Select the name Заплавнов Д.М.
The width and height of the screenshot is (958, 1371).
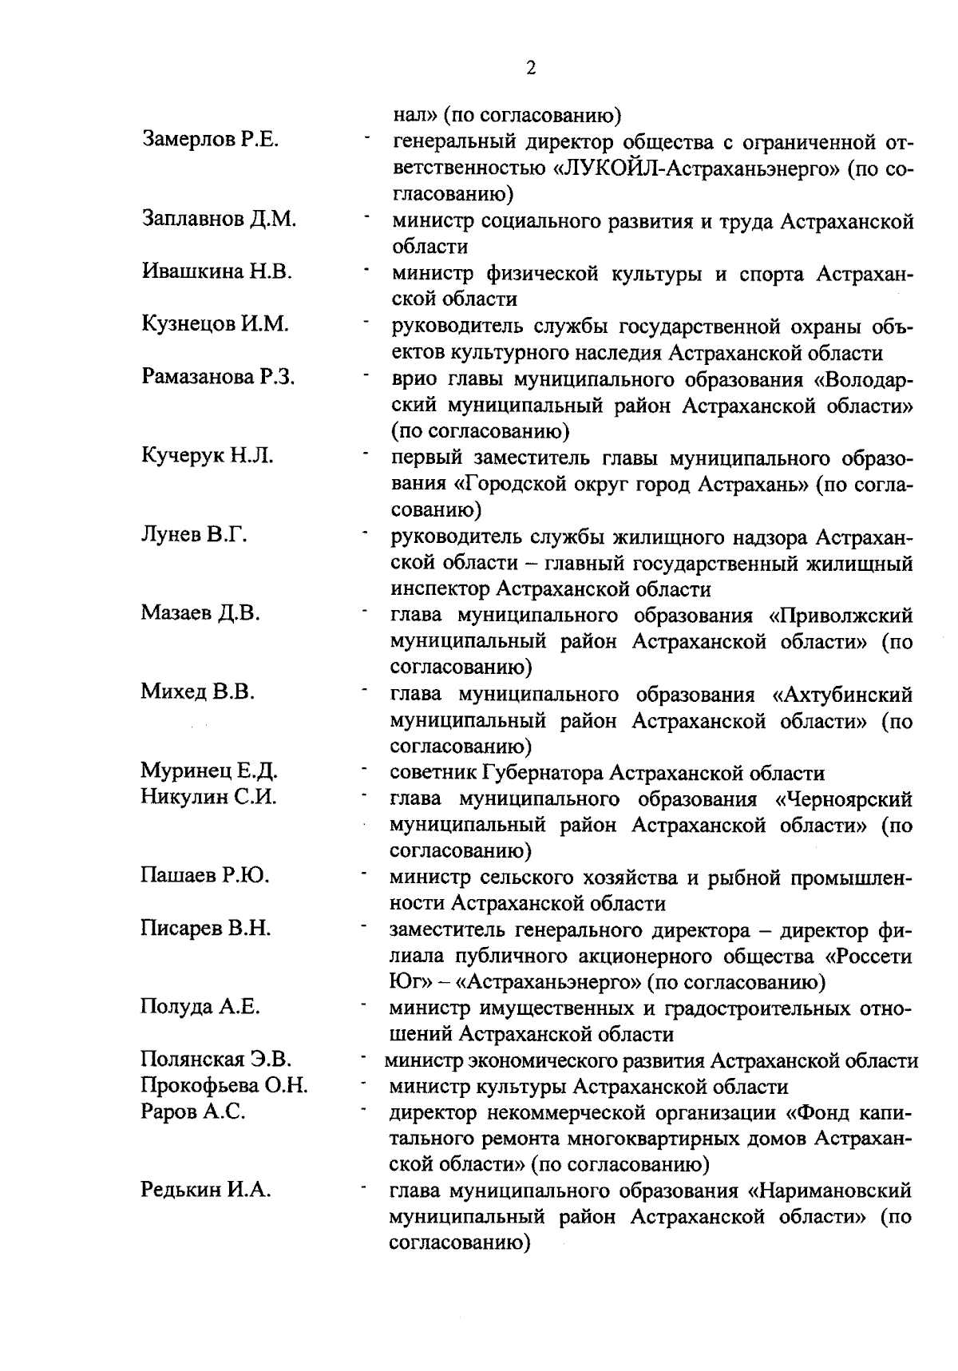(219, 218)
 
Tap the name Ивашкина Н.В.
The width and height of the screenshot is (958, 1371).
(216, 271)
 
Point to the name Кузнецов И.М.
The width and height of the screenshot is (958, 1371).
(215, 323)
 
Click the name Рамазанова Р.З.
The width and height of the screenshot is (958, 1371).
(218, 376)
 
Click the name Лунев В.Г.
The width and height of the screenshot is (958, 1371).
(193, 534)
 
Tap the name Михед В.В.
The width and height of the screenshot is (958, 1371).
(197, 691)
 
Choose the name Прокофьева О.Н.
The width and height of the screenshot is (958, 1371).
(224, 1086)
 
